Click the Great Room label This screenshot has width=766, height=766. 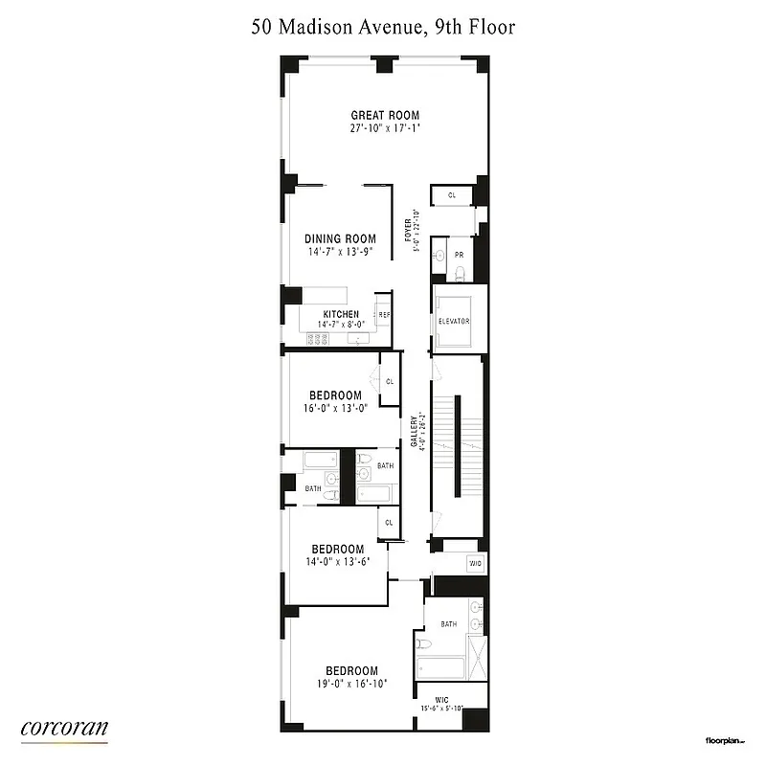(x=384, y=115)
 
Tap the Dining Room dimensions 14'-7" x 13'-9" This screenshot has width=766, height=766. (x=340, y=252)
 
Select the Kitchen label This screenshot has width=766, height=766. (x=341, y=314)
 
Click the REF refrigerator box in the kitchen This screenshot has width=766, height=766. (x=384, y=314)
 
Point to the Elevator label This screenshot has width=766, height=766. (x=454, y=321)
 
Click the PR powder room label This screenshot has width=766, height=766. (x=459, y=255)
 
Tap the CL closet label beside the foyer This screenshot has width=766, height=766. (x=452, y=195)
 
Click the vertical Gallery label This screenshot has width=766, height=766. (x=415, y=431)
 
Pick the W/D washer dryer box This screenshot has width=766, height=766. (x=474, y=564)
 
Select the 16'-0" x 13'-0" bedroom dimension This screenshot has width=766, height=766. (x=335, y=407)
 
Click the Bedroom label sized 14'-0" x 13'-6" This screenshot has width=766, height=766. (x=335, y=550)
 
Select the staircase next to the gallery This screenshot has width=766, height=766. (x=458, y=445)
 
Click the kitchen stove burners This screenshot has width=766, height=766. (x=317, y=339)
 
